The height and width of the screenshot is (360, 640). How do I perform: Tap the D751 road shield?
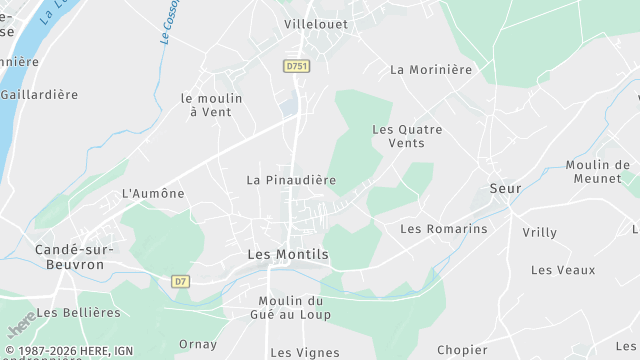coord(295,66)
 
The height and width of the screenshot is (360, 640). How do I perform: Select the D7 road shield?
coord(181,281)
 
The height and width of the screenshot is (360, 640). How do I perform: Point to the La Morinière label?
coord(430,70)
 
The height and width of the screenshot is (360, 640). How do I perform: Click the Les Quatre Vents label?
coord(407,136)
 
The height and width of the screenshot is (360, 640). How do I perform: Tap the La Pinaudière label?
coord(291,180)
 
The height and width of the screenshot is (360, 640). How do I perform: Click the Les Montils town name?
coord(288,255)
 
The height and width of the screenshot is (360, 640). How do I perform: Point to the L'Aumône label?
coord(153,193)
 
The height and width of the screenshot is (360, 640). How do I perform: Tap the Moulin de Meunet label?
coord(597,171)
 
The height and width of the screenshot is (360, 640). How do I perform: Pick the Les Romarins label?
coord(443,229)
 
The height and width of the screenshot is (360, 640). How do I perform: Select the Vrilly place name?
coord(539,232)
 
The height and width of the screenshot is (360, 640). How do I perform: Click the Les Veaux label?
coord(563,270)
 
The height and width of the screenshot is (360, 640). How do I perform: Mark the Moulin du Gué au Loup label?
coord(294,308)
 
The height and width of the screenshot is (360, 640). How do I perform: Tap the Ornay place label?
coord(197,344)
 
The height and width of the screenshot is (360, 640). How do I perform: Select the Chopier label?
coord(462,350)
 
